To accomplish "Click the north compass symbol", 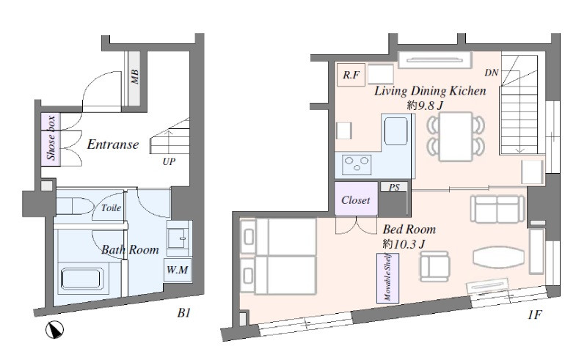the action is click(54, 330).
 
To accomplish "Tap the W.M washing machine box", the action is click(178, 269).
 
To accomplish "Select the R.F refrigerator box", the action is click(351, 75).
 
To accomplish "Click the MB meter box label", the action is click(135, 76).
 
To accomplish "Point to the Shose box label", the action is click(51, 138).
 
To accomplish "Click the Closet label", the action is click(356, 200).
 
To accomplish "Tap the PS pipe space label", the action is click(394, 187).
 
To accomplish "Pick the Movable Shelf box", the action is click(388, 278).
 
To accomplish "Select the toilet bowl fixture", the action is click(75, 206).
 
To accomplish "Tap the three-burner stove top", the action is click(357, 165).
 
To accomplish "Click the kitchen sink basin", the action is click(395, 131).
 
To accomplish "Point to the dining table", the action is click(456, 136).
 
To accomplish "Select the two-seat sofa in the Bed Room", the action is click(497, 209).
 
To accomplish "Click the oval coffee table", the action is click(498, 257).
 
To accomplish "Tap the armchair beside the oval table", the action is click(434, 266).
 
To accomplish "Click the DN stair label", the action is click(491, 73).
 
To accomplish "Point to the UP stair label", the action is click(169, 161).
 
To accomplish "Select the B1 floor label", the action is click(184, 313).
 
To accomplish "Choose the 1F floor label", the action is click(535, 315).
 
